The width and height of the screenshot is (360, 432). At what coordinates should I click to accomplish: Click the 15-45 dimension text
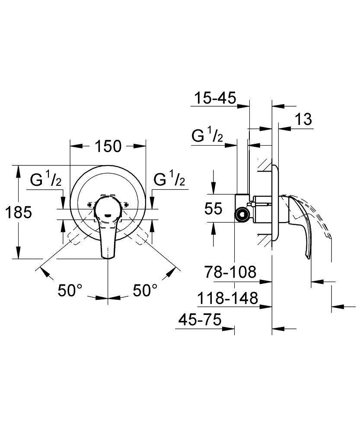coord(215,98)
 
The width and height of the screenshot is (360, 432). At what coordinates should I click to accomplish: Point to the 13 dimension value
coord(304,119)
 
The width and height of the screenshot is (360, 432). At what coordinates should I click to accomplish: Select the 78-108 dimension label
coord(230,272)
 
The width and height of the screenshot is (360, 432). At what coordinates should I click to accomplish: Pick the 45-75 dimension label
coord(200,320)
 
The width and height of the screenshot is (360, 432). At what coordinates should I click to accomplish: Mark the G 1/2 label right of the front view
coord(170,180)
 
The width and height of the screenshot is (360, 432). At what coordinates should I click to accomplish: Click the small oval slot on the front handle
coord(108,215)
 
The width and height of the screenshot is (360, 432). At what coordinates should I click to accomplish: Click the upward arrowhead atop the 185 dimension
coord(18,169)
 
